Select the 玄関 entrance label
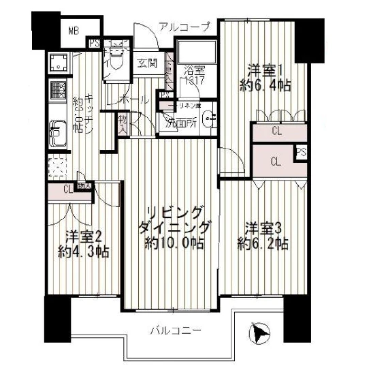click(x=146, y=65)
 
